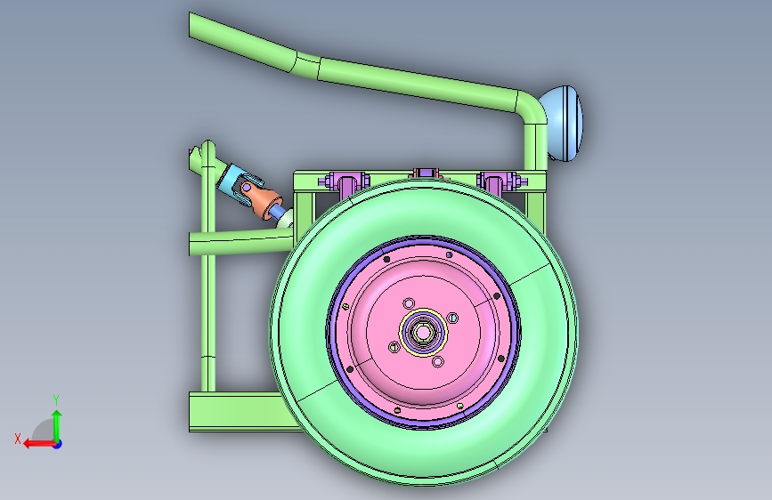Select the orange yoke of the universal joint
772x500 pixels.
(x=260, y=198)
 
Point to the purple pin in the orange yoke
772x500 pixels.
(x=245, y=188)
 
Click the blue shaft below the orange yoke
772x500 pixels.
(x=276, y=212)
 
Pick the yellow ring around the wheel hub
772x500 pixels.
(x=423, y=333)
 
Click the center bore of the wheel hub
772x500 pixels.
(x=422, y=333)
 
